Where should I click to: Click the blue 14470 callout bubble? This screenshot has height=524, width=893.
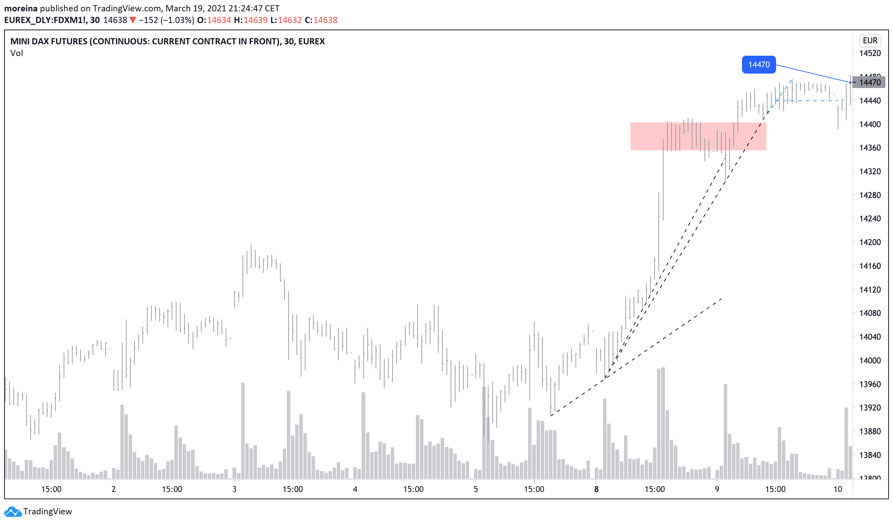(x=758, y=65)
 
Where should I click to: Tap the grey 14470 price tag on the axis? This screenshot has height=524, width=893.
(x=870, y=83)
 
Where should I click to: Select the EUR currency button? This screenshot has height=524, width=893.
(x=870, y=41)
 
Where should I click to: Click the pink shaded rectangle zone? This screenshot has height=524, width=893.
(x=698, y=137)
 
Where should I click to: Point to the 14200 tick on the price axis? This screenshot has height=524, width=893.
(x=870, y=242)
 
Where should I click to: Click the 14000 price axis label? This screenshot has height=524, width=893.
(x=870, y=361)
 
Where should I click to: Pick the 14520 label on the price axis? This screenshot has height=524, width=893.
(x=870, y=54)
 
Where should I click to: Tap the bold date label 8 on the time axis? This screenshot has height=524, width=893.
(x=596, y=490)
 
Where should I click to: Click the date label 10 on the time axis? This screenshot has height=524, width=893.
(x=837, y=490)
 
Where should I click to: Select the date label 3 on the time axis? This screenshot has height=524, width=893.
(x=234, y=490)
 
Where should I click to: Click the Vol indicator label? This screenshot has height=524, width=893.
(x=17, y=53)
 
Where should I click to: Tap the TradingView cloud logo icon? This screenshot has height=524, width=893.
(x=12, y=512)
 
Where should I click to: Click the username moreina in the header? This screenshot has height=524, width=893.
(x=21, y=8)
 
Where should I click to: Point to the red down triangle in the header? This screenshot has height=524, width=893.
(x=132, y=20)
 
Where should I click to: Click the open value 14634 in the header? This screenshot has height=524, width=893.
(x=219, y=20)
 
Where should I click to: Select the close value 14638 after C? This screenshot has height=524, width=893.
(x=325, y=20)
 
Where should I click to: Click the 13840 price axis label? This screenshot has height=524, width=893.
(x=870, y=455)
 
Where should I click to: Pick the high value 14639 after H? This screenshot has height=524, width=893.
(x=256, y=20)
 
